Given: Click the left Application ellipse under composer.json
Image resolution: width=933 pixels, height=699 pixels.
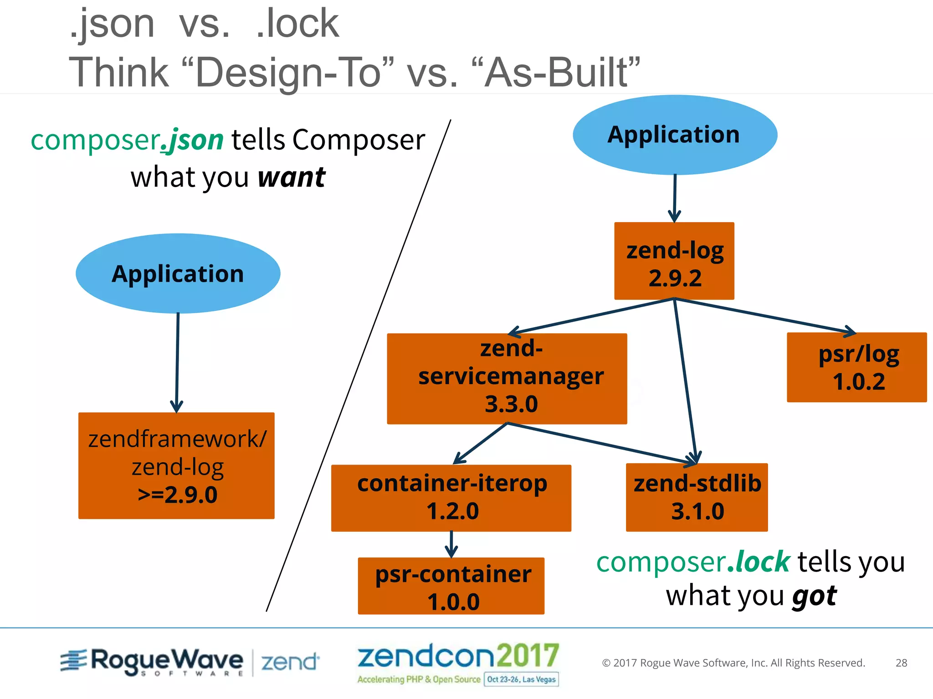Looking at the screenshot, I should pyautogui.click(x=178, y=274).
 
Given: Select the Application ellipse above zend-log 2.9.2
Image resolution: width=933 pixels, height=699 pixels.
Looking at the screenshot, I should pyautogui.click(x=675, y=135).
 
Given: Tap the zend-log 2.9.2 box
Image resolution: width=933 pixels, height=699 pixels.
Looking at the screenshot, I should pyautogui.click(x=674, y=261).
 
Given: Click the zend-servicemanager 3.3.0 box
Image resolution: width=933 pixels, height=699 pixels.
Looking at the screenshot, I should pyautogui.click(x=507, y=379).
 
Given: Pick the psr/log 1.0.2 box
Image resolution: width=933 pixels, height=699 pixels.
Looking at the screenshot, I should pyautogui.click(x=856, y=367).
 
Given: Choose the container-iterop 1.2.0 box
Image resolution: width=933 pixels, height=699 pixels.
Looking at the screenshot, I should pyautogui.click(x=451, y=498).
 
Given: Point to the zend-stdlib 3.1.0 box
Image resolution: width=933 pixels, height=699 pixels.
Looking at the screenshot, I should pyautogui.click(x=697, y=497).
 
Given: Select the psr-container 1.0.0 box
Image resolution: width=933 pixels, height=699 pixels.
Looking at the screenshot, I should pyautogui.click(x=451, y=586).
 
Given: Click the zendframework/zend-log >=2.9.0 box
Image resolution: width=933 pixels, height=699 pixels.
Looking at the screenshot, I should pyautogui.click(x=176, y=466).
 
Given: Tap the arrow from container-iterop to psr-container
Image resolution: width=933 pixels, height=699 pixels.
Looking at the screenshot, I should pyautogui.click(x=451, y=544).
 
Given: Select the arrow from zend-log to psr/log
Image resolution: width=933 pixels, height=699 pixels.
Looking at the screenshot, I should pyautogui.click(x=765, y=316).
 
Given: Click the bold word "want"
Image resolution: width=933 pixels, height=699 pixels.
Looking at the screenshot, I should pyautogui.click(x=292, y=177).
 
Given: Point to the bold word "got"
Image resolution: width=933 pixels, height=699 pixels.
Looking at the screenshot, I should pyautogui.click(x=815, y=596).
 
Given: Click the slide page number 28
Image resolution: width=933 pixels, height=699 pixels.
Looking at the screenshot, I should pyautogui.click(x=901, y=663).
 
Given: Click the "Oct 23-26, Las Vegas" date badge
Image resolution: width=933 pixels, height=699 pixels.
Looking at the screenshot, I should pyautogui.click(x=521, y=679).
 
